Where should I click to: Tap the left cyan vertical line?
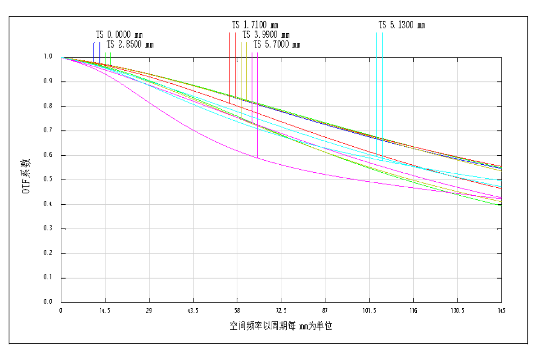(x=377, y=90)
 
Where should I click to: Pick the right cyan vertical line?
(x=382, y=90)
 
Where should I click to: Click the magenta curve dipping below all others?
(x=193, y=130)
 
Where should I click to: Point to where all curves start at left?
(x=62, y=58)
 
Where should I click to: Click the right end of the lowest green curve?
(x=501, y=205)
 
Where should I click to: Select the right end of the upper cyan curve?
(x=501, y=180)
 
